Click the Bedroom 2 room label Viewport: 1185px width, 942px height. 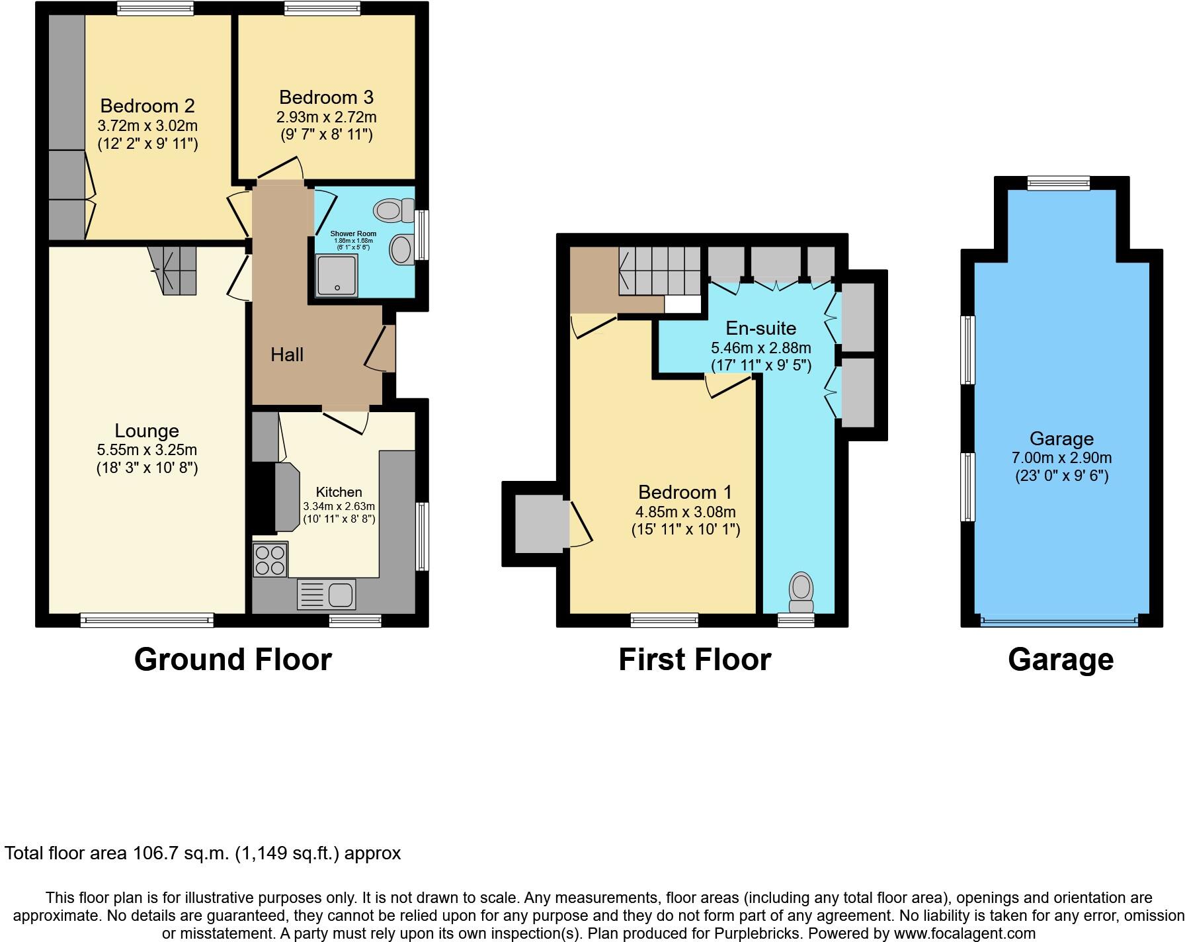point(147,106)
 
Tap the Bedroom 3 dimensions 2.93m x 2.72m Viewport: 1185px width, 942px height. point(326,117)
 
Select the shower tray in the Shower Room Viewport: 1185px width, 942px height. point(337,275)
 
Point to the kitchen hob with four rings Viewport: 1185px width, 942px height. point(270,560)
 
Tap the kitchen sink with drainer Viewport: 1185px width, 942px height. point(327,593)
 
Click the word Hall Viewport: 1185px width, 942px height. point(287,355)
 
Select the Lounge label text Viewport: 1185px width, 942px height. point(147,431)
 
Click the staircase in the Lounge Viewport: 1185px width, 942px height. point(174,269)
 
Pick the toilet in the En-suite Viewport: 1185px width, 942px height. point(801,592)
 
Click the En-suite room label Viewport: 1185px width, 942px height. point(760,328)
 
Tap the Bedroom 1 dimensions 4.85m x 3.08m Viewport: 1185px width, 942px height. point(685,511)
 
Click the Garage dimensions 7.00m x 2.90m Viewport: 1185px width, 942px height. point(1061,458)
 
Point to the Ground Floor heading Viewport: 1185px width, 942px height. point(233,660)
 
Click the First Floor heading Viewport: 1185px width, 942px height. point(694,660)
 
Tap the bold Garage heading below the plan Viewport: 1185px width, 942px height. point(1061,660)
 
